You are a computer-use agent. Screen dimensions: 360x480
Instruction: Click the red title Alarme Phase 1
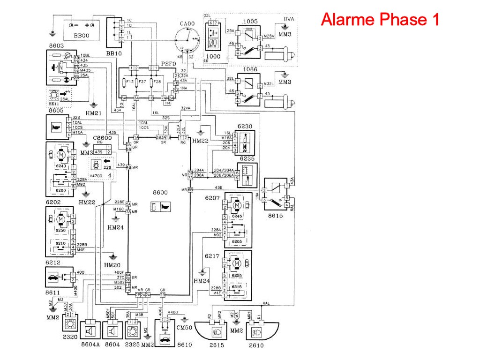pyautogui.click(x=380, y=19)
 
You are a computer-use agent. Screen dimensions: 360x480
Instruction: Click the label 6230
pyautogui.click(x=245, y=127)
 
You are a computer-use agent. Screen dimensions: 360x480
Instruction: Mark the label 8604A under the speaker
pyautogui.click(x=90, y=345)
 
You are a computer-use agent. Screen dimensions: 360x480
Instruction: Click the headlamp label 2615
pyautogui.click(x=217, y=345)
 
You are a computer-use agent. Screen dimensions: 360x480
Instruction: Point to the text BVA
pyautogui.click(x=289, y=19)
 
